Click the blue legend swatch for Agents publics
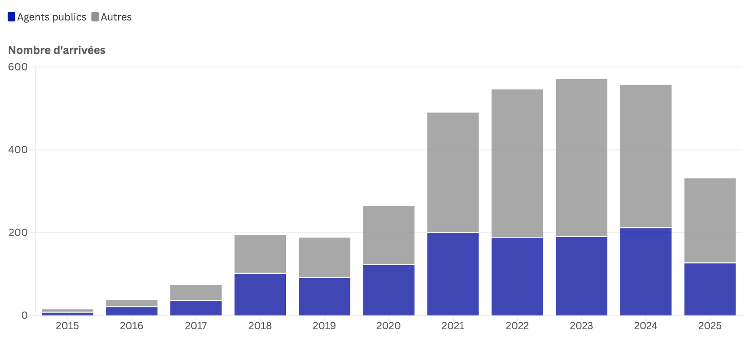point(11,17)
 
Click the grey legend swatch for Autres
point(95,17)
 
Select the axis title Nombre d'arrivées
point(57,50)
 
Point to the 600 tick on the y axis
point(18,67)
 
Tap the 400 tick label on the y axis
point(18,150)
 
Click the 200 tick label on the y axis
point(18,232)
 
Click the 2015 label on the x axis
point(67,326)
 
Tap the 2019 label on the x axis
point(324,326)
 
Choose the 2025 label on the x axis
point(710,326)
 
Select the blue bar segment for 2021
point(453,274)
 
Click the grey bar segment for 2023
point(581,158)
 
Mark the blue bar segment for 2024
point(646,272)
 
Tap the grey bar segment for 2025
point(710,221)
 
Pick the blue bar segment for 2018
point(260,294)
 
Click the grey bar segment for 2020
point(389,235)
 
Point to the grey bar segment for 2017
point(196,293)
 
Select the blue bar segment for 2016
point(132,311)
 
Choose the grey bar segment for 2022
point(517,163)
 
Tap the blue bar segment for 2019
point(324,297)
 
